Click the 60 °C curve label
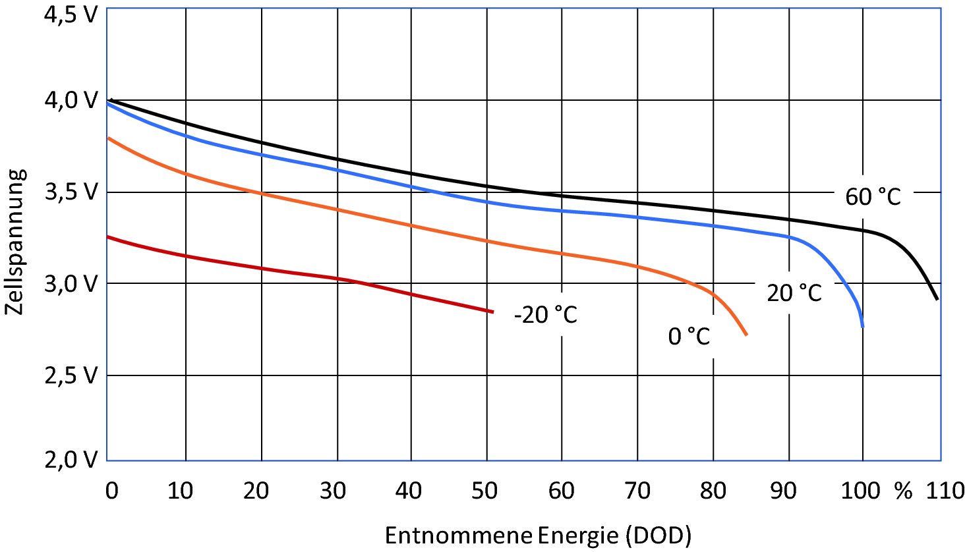[873, 196]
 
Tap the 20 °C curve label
[794, 292]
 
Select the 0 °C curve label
[689, 336]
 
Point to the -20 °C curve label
[545, 315]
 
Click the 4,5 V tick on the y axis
[70, 14]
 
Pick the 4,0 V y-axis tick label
[70, 100]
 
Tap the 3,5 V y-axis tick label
[70, 192]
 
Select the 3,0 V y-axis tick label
[70, 283]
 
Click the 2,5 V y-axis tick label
[70, 375]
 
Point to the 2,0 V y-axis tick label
[70, 459]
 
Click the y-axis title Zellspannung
[16, 242]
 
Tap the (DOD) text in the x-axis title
[655, 535]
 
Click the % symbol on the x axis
[903, 491]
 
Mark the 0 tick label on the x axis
[112, 491]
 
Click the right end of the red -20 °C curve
[492, 312]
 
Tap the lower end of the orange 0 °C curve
[746, 335]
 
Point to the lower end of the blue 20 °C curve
[862, 326]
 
